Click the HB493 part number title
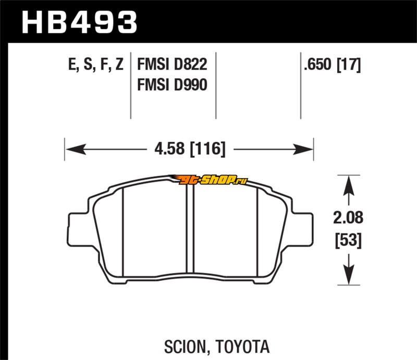tap(79, 22)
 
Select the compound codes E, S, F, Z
tap(96, 65)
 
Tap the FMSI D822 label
tap(172, 65)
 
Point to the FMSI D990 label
tap(172, 85)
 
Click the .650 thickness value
tap(318, 65)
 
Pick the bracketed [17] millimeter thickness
tap(349, 65)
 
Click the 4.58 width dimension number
tap(169, 148)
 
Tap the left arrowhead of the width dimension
tap(76, 149)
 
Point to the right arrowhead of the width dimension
tap(303, 149)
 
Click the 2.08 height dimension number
tap(348, 217)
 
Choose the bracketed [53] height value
tap(348, 240)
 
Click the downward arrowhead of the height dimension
tap(349, 275)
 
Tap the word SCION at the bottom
tap(186, 346)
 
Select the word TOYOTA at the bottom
tap(242, 346)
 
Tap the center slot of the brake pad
tap(190, 228)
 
